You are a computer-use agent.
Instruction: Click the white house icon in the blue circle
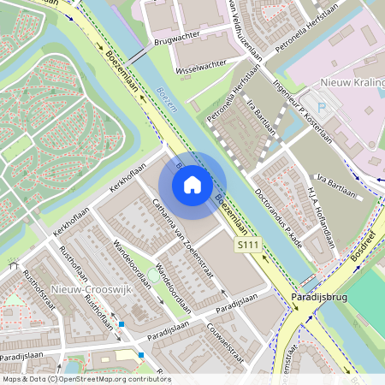click(192, 184)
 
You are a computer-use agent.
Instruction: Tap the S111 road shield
click(248, 245)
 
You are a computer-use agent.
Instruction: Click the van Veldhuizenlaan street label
click(245, 34)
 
